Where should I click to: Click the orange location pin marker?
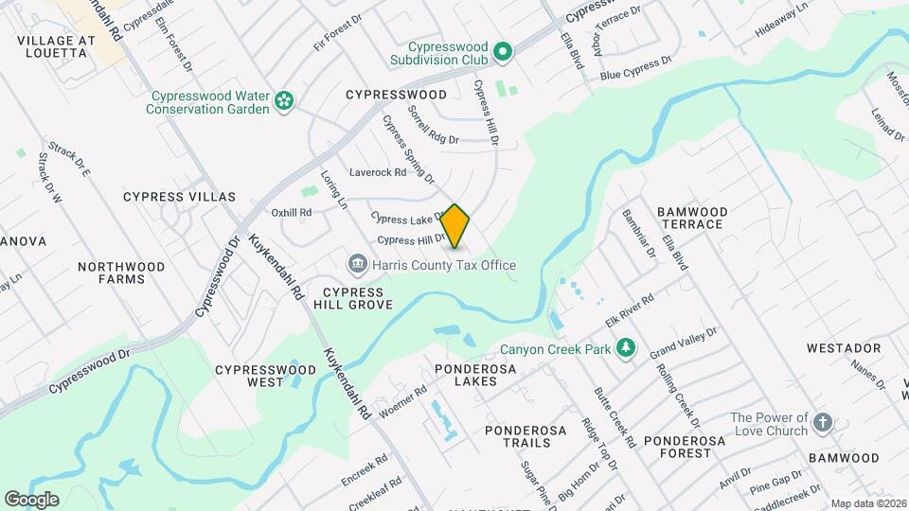tap(455, 226)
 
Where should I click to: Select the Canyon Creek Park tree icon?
tap(625, 350)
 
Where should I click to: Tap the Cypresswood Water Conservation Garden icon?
tap(283, 100)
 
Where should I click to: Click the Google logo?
tap(31, 500)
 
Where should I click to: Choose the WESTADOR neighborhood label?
tap(844, 348)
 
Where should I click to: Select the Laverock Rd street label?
tap(377, 172)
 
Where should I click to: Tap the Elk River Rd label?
tap(630, 311)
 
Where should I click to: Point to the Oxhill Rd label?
tap(291, 213)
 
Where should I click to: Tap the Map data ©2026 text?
tap(867, 503)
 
